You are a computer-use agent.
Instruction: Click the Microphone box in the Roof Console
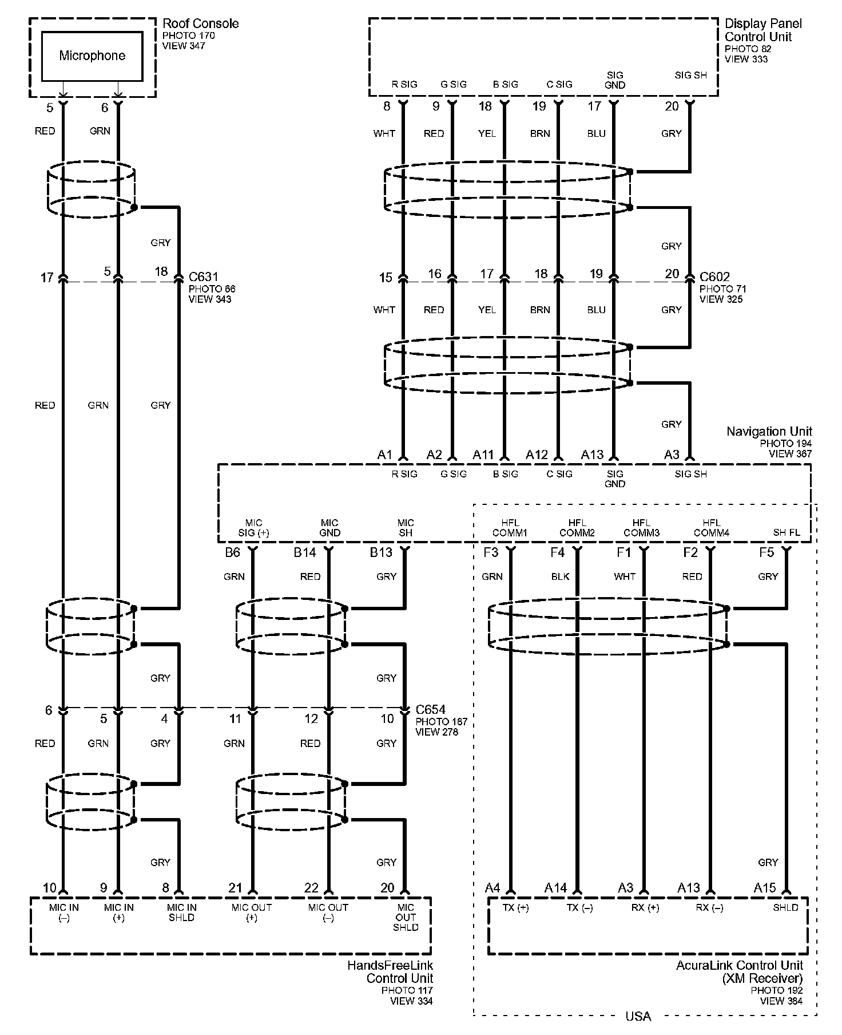point(92,56)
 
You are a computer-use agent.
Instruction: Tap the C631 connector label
point(203,277)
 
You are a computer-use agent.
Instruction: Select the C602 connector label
point(714,277)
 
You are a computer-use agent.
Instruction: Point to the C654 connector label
point(430,710)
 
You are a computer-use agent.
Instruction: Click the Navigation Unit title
point(769,431)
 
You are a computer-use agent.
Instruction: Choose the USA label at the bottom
point(638,1016)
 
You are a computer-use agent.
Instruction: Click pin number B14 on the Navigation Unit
point(304,552)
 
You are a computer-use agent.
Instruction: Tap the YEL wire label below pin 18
point(487,133)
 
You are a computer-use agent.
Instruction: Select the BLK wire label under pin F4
point(560,576)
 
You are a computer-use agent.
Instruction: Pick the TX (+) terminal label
point(515,908)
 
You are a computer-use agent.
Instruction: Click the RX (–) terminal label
point(709,908)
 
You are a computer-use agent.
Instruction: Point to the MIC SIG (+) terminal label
point(253,527)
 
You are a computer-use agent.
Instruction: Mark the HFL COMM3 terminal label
point(641,527)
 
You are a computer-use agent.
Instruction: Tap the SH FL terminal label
point(787,532)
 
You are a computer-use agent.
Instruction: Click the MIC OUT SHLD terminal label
point(406,918)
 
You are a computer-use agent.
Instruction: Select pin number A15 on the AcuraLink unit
point(764,888)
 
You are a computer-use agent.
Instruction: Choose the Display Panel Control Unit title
point(763,30)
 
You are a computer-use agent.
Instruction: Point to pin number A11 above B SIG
point(483,455)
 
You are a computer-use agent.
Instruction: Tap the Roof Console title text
point(200,23)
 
